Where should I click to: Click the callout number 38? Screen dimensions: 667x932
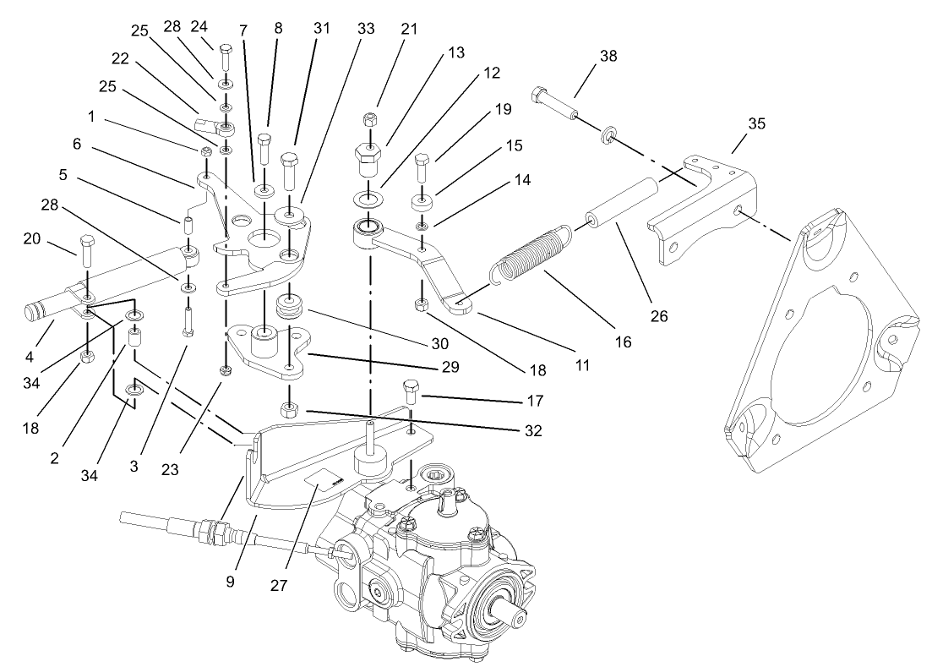[x=608, y=57]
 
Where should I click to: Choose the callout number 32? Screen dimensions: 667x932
[x=531, y=430]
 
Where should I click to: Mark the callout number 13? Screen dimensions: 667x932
[x=455, y=52]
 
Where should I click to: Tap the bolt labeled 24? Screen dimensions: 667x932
[x=226, y=58]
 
